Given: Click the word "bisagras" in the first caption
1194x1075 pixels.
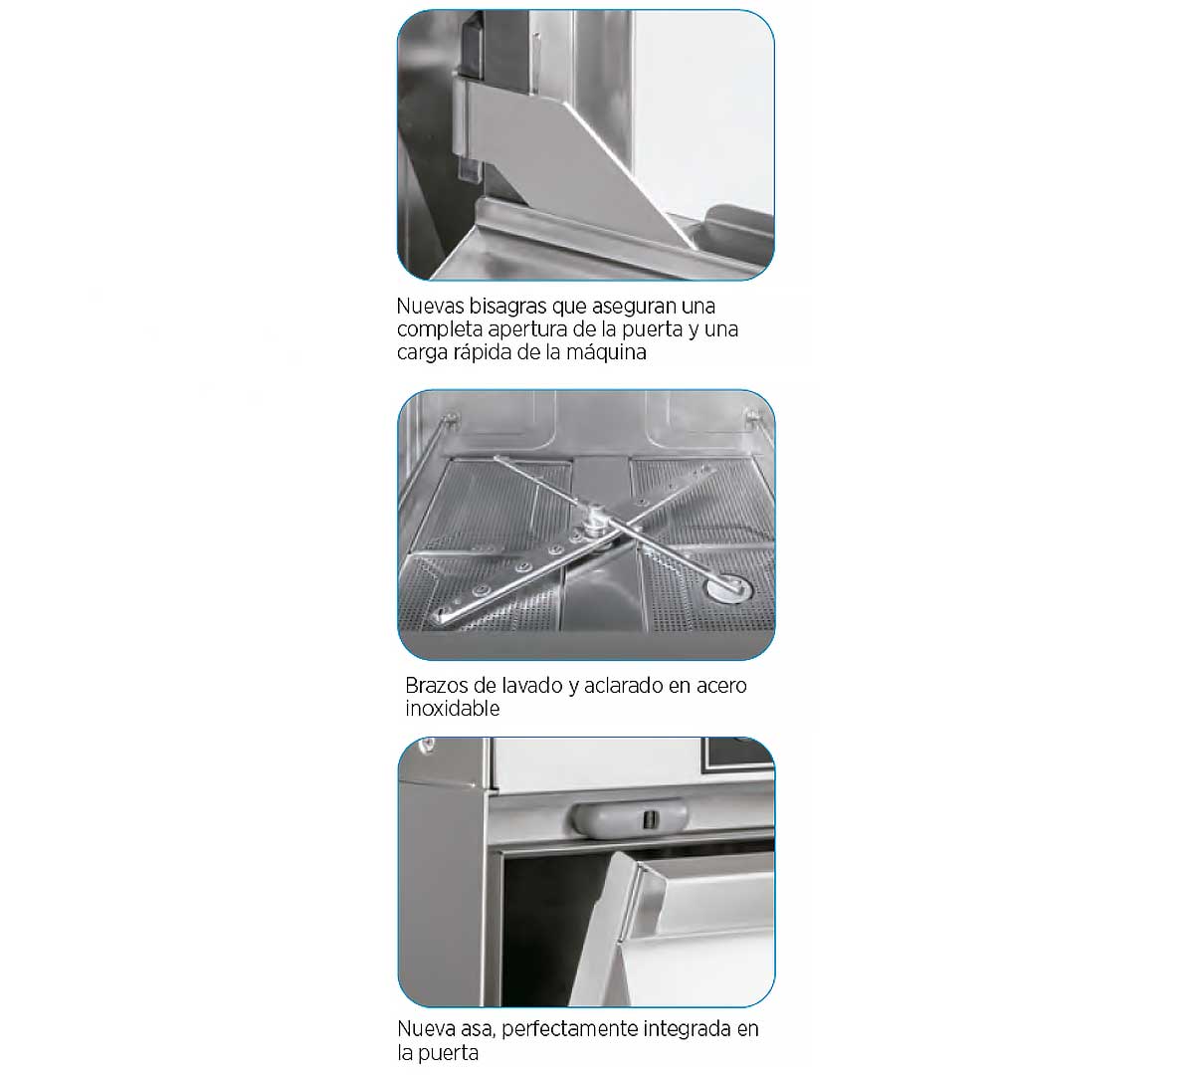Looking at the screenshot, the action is pyautogui.click(x=507, y=307).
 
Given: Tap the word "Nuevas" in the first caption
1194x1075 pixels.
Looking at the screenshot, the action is pyautogui.click(x=430, y=307).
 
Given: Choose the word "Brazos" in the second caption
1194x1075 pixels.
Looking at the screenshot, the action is pyautogui.click(x=436, y=686).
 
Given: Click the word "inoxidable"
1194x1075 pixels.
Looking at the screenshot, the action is pyautogui.click(x=453, y=709).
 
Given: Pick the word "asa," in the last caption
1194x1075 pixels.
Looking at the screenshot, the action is pyautogui.click(x=478, y=1029).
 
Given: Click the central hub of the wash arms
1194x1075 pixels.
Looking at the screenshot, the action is pyautogui.click(x=596, y=526).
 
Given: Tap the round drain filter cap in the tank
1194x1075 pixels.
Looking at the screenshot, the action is pyautogui.click(x=728, y=588).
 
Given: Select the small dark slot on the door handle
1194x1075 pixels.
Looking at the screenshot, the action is pyautogui.click(x=649, y=819).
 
